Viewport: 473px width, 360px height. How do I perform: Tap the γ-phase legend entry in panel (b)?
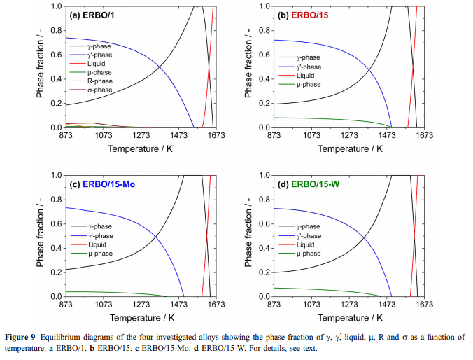[x=311, y=57]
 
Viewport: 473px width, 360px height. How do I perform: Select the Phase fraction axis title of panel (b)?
[x=249, y=67]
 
